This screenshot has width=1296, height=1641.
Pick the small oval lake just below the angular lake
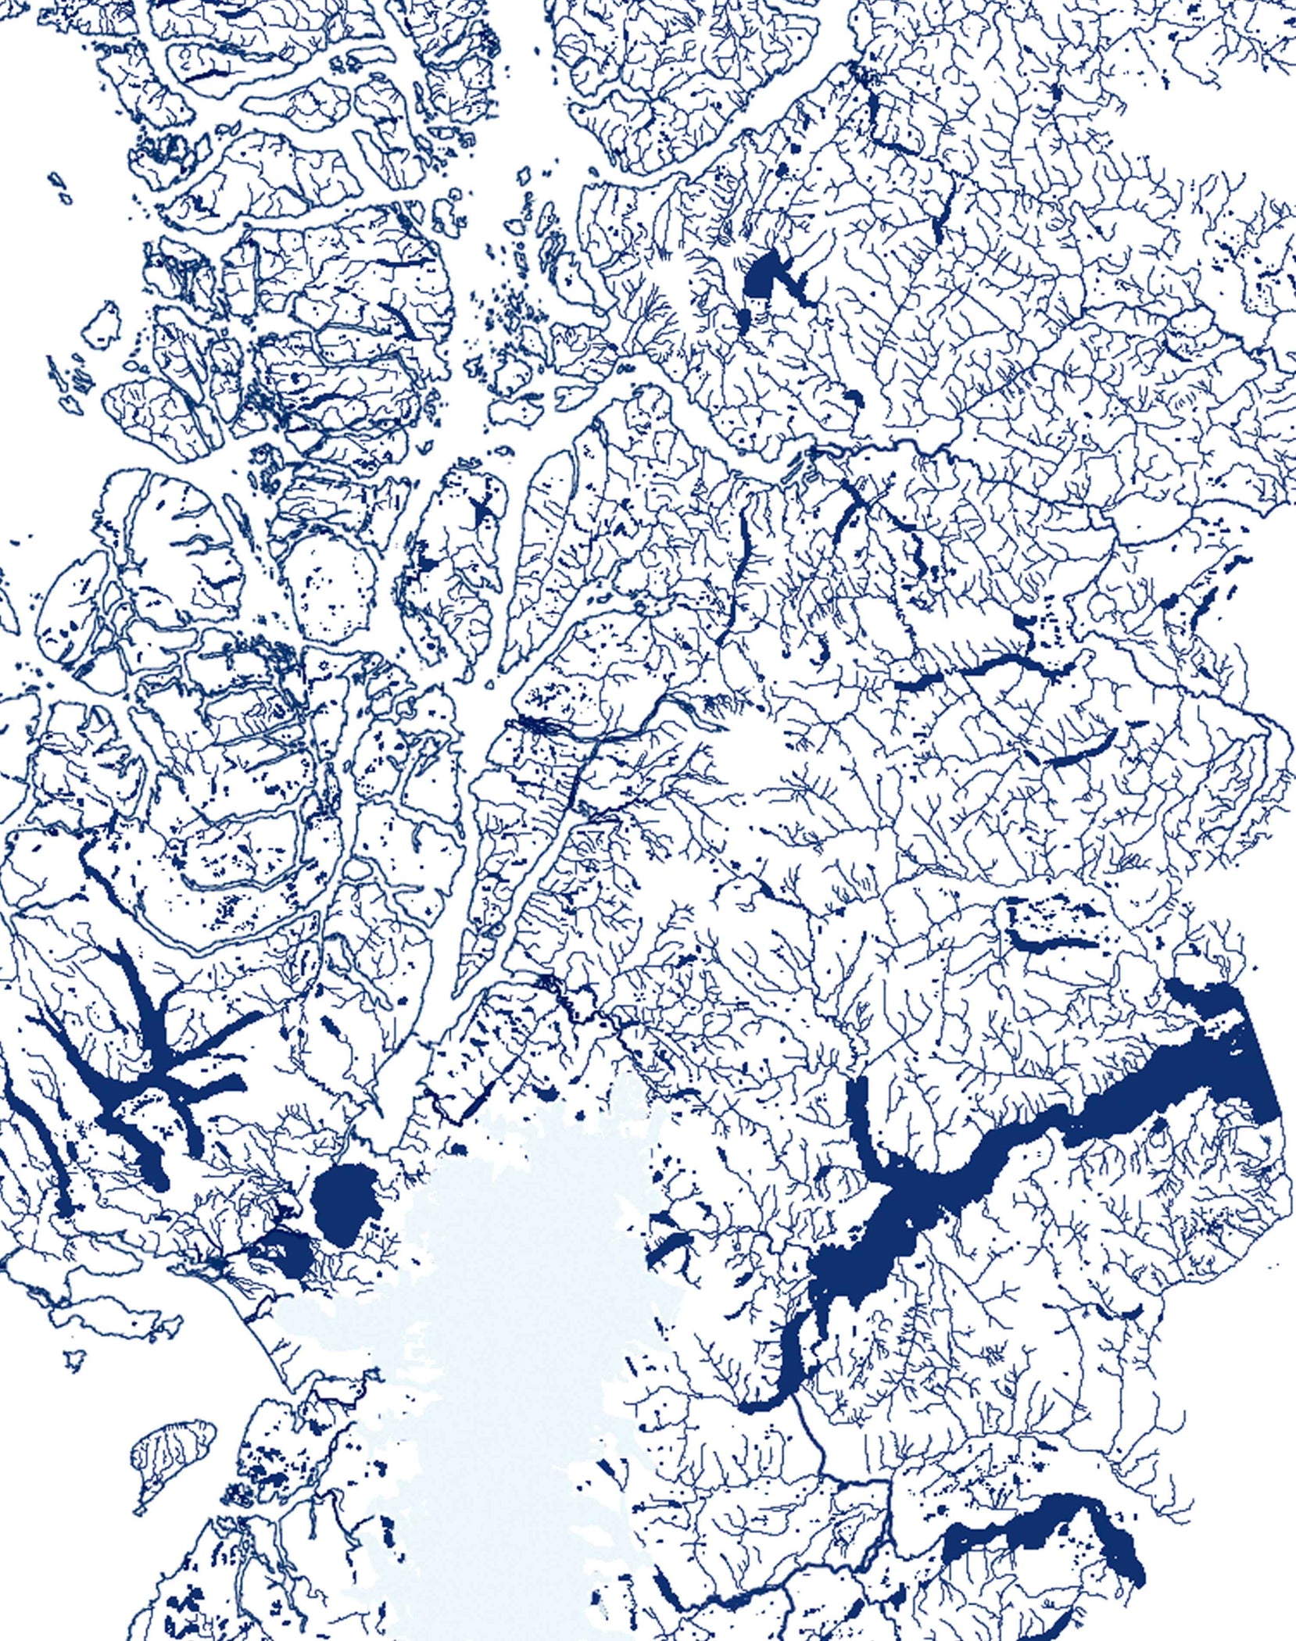click(743, 319)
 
